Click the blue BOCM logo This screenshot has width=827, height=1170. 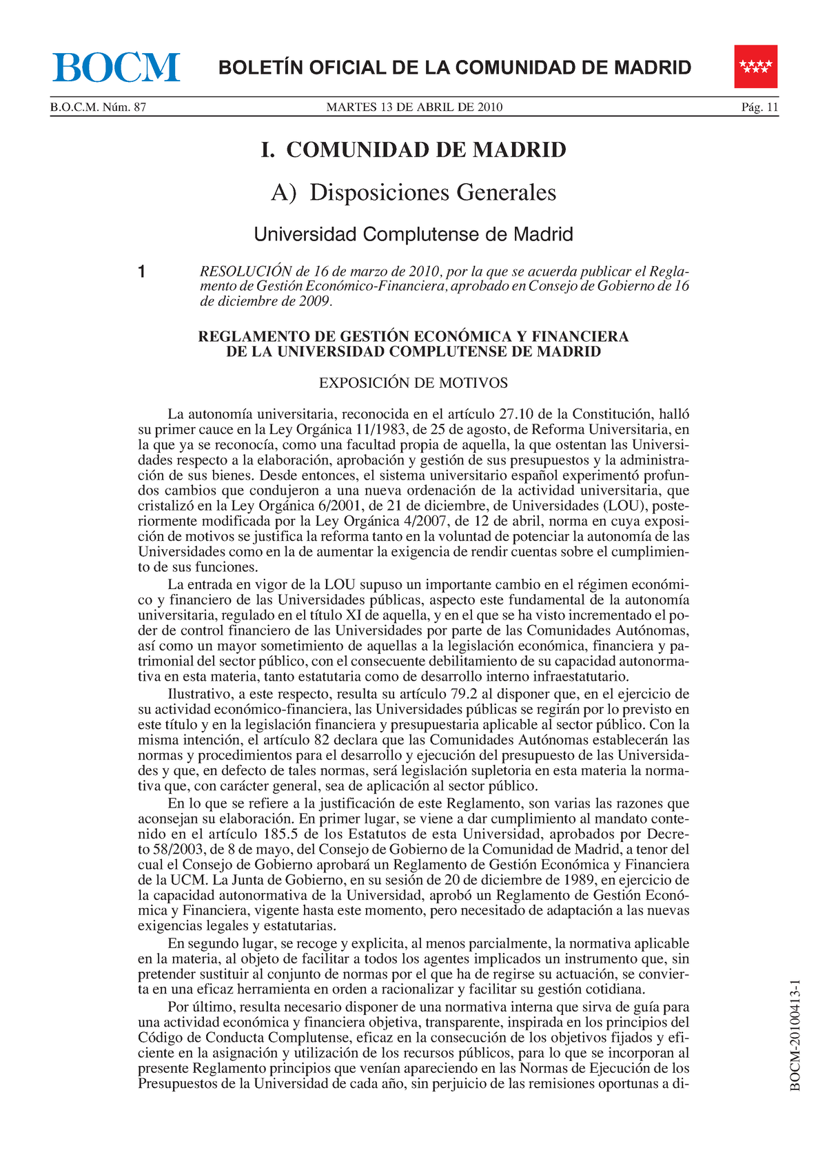click(x=116, y=67)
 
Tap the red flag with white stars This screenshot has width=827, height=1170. click(x=755, y=66)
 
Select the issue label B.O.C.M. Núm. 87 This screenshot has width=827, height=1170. click(x=98, y=107)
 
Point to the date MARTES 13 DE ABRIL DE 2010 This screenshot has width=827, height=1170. click(x=414, y=107)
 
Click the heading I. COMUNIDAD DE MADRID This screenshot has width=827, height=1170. click(x=413, y=150)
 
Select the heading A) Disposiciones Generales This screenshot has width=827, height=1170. click(x=413, y=192)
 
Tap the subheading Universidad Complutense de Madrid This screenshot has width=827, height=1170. click(x=413, y=235)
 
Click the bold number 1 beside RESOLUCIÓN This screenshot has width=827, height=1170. click(x=141, y=272)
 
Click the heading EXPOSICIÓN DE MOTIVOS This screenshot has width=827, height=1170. click(x=413, y=383)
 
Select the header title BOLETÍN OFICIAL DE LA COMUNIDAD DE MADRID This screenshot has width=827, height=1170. click(x=455, y=68)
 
